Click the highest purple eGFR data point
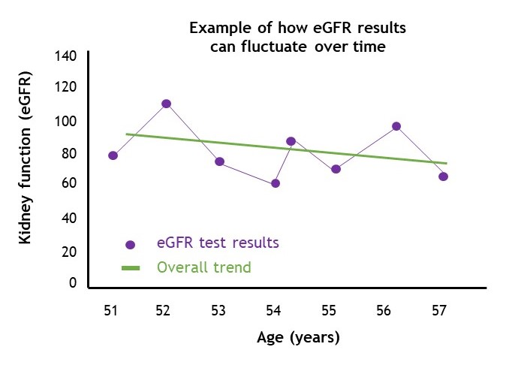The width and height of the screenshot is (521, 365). (x=166, y=104)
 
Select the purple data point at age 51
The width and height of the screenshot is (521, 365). (x=113, y=155)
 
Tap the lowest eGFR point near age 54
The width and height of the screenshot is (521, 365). (x=275, y=183)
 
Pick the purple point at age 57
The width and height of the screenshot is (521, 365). (x=443, y=176)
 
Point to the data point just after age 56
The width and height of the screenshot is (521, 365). (x=396, y=126)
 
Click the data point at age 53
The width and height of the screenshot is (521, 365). (x=219, y=161)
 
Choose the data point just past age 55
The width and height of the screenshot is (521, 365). (x=336, y=169)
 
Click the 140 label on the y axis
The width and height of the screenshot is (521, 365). (x=65, y=56)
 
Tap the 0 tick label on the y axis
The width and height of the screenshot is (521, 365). (x=73, y=282)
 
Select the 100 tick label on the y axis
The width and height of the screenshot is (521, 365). (x=65, y=122)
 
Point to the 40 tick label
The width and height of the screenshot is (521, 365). (x=69, y=218)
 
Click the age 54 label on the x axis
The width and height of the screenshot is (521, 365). (x=273, y=310)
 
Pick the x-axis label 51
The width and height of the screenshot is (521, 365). (x=110, y=310)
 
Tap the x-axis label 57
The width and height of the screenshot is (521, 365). (x=439, y=310)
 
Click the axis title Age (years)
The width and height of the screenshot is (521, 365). (x=298, y=337)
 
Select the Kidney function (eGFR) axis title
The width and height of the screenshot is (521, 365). (x=25, y=158)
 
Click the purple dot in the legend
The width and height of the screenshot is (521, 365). (x=131, y=245)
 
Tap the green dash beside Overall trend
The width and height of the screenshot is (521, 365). (x=131, y=268)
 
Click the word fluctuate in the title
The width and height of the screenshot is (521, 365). (x=274, y=47)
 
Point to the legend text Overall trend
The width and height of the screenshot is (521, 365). (x=204, y=267)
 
